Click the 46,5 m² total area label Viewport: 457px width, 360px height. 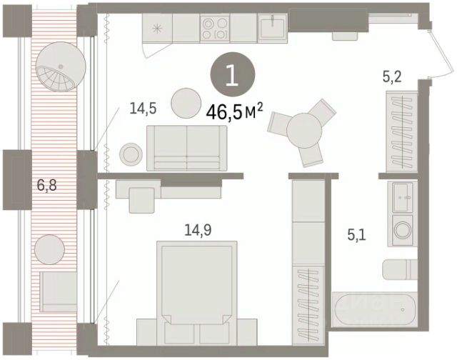(x=235, y=112)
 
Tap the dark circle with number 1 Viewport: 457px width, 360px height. (x=233, y=74)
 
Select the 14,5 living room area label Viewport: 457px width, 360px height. (x=143, y=109)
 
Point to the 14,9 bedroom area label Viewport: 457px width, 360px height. (x=198, y=230)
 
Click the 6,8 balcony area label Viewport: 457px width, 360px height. (x=46, y=185)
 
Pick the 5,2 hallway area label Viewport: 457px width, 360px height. (x=392, y=77)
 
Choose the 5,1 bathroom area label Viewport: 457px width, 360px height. (x=356, y=235)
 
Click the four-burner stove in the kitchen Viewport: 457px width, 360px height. (x=215, y=28)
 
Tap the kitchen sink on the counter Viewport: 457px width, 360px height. (x=273, y=28)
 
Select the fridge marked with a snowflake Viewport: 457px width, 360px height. (x=157, y=29)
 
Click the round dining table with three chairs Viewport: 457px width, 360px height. (x=303, y=130)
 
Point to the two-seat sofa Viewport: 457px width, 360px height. (x=186, y=148)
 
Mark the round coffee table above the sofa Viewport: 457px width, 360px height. (x=186, y=103)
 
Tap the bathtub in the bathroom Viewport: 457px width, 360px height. (x=375, y=309)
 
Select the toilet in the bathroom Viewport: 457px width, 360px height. (x=400, y=269)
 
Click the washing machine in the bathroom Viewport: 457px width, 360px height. (x=403, y=230)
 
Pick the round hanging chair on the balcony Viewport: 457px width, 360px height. (x=61, y=67)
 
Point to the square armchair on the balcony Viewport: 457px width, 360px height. (x=59, y=291)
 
